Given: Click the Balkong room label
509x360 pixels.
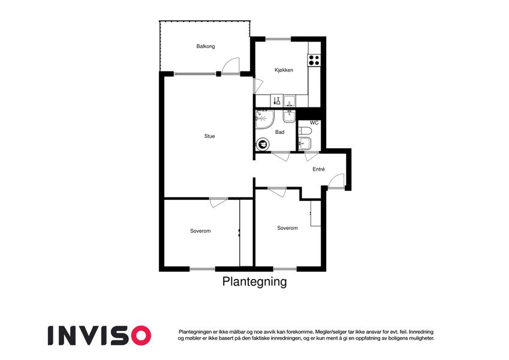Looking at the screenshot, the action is tap(206, 46).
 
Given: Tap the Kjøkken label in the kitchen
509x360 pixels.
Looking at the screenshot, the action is tap(284, 70).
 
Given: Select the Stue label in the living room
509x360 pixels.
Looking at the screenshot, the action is tap(209, 136).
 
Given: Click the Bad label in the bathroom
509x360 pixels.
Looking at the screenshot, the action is tap(279, 132).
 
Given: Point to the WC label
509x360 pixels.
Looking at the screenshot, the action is tap(314, 123).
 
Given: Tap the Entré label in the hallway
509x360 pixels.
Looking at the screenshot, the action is tap(318, 169).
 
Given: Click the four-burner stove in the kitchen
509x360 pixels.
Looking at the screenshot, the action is tap(314, 60).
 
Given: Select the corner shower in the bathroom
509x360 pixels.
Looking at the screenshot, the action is tap(264, 119).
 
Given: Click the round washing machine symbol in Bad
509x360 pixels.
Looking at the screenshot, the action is tap(262, 144).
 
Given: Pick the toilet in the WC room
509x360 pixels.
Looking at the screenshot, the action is tap(305, 131).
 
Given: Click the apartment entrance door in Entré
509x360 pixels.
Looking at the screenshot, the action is tap(337, 181).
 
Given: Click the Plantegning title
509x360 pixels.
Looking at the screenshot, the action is tap(254, 281).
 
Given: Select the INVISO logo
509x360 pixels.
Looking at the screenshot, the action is tap(100, 335).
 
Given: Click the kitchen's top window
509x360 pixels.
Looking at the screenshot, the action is tap(279, 40).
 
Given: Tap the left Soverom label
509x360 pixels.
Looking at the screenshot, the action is tap(200, 231).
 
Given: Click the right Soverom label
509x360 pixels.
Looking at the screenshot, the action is tap(287, 228).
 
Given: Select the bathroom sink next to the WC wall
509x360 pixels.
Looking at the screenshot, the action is tap(289, 116).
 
